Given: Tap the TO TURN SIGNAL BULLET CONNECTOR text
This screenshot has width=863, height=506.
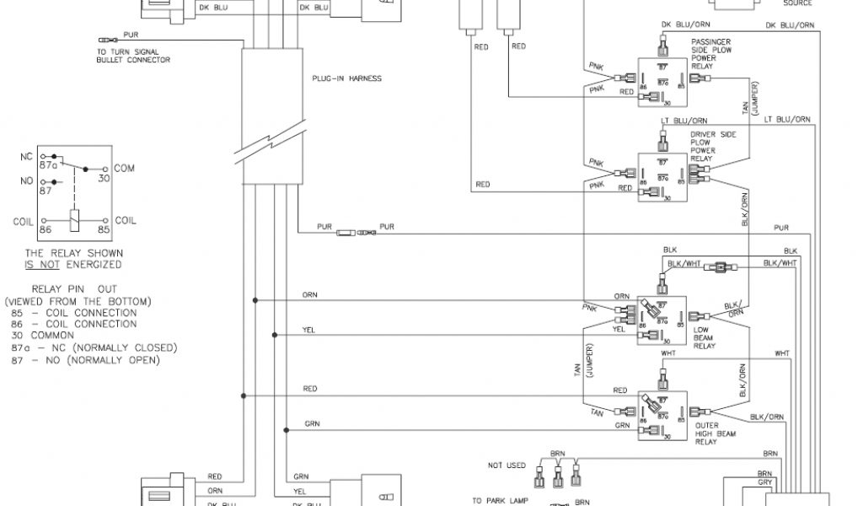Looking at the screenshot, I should [x=133, y=56].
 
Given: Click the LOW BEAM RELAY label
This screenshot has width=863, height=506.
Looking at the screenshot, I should [x=704, y=337].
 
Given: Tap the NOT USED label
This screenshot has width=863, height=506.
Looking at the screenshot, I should [x=506, y=465].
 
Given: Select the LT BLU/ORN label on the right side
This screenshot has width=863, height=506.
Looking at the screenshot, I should [x=788, y=120].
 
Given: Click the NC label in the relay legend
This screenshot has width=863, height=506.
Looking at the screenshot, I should [x=26, y=157].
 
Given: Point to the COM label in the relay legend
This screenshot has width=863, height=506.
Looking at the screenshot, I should [x=124, y=169].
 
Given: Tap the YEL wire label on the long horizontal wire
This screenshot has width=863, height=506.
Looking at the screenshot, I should [x=309, y=330].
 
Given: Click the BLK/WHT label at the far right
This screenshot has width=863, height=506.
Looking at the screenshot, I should [x=780, y=264].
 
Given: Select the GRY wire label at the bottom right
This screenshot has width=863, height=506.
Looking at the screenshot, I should [x=764, y=484].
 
